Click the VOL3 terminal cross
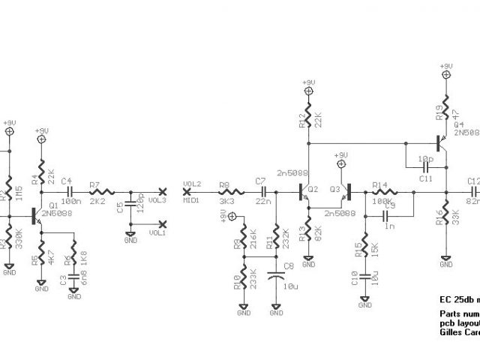pyautogui.click(x=163, y=191)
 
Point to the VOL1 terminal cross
pyautogui.click(x=163, y=223)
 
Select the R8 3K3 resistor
pyautogui.click(x=223, y=191)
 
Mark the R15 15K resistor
pyautogui.click(x=365, y=247)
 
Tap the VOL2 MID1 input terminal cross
pyautogui.click(x=186, y=191)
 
